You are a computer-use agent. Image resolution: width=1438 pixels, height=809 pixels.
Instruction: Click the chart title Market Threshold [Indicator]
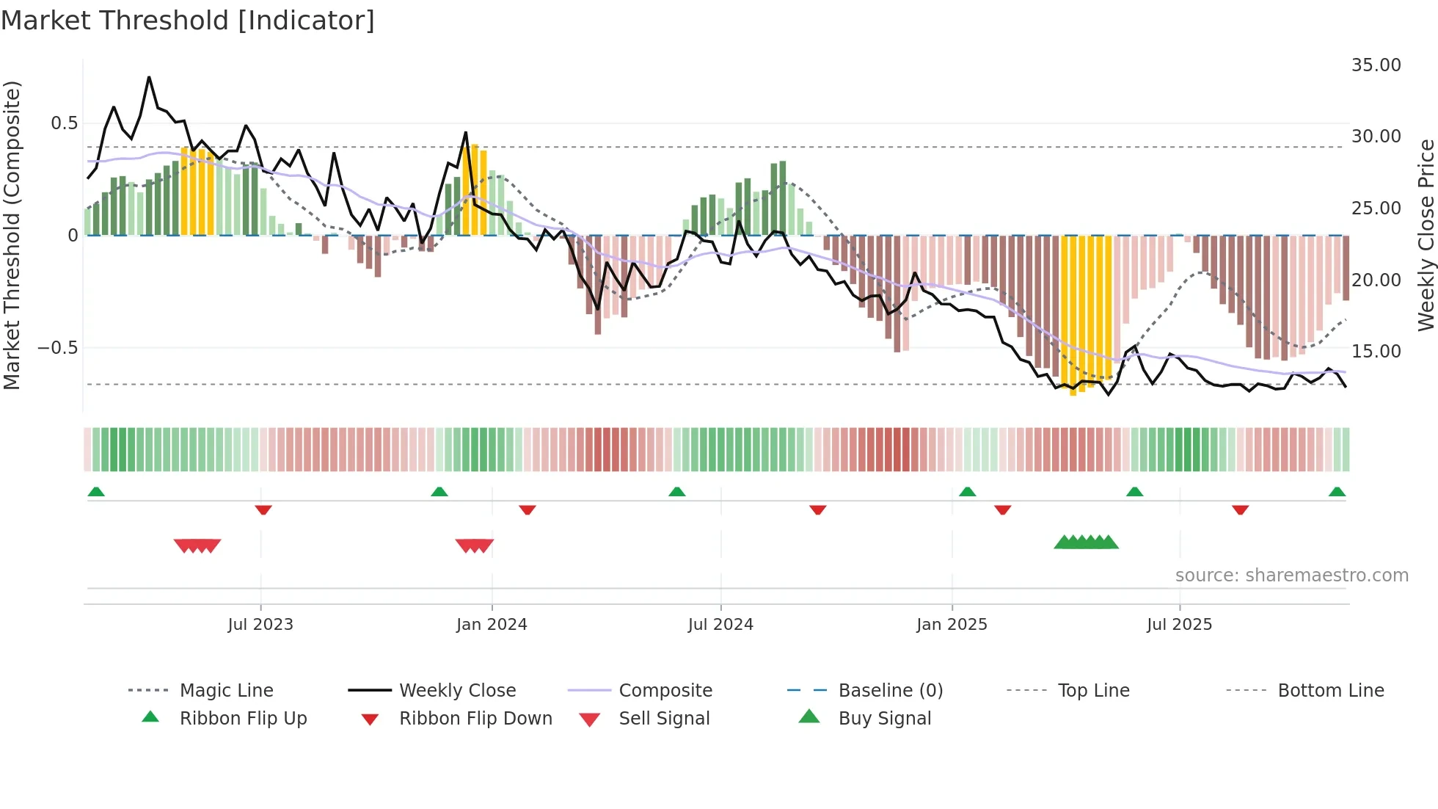click(188, 21)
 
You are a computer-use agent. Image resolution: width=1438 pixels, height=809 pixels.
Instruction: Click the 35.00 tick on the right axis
click(1376, 65)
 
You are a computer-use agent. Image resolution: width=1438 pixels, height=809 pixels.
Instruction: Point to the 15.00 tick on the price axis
click(1376, 352)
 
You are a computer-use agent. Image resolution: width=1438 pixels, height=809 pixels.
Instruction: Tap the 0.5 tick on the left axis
click(64, 123)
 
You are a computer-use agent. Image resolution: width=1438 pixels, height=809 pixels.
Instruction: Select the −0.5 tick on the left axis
click(58, 348)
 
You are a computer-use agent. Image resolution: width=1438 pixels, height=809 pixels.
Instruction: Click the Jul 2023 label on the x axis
click(260, 625)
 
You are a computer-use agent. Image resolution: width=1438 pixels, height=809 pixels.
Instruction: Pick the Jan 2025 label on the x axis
click(952, 625)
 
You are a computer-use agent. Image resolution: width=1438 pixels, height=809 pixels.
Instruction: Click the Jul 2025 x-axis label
click(1179, 625)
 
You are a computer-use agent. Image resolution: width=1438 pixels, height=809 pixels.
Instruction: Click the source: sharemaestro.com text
click(1291, 576)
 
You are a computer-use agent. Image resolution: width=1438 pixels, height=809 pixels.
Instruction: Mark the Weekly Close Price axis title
click(1426, 235)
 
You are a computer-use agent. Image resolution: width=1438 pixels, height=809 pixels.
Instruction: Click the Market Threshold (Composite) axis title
click(12, 235)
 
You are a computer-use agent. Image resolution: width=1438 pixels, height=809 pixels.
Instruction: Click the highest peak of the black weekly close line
click(149, 77)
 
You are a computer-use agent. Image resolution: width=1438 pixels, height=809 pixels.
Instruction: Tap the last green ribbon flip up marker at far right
click(1337, 492)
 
